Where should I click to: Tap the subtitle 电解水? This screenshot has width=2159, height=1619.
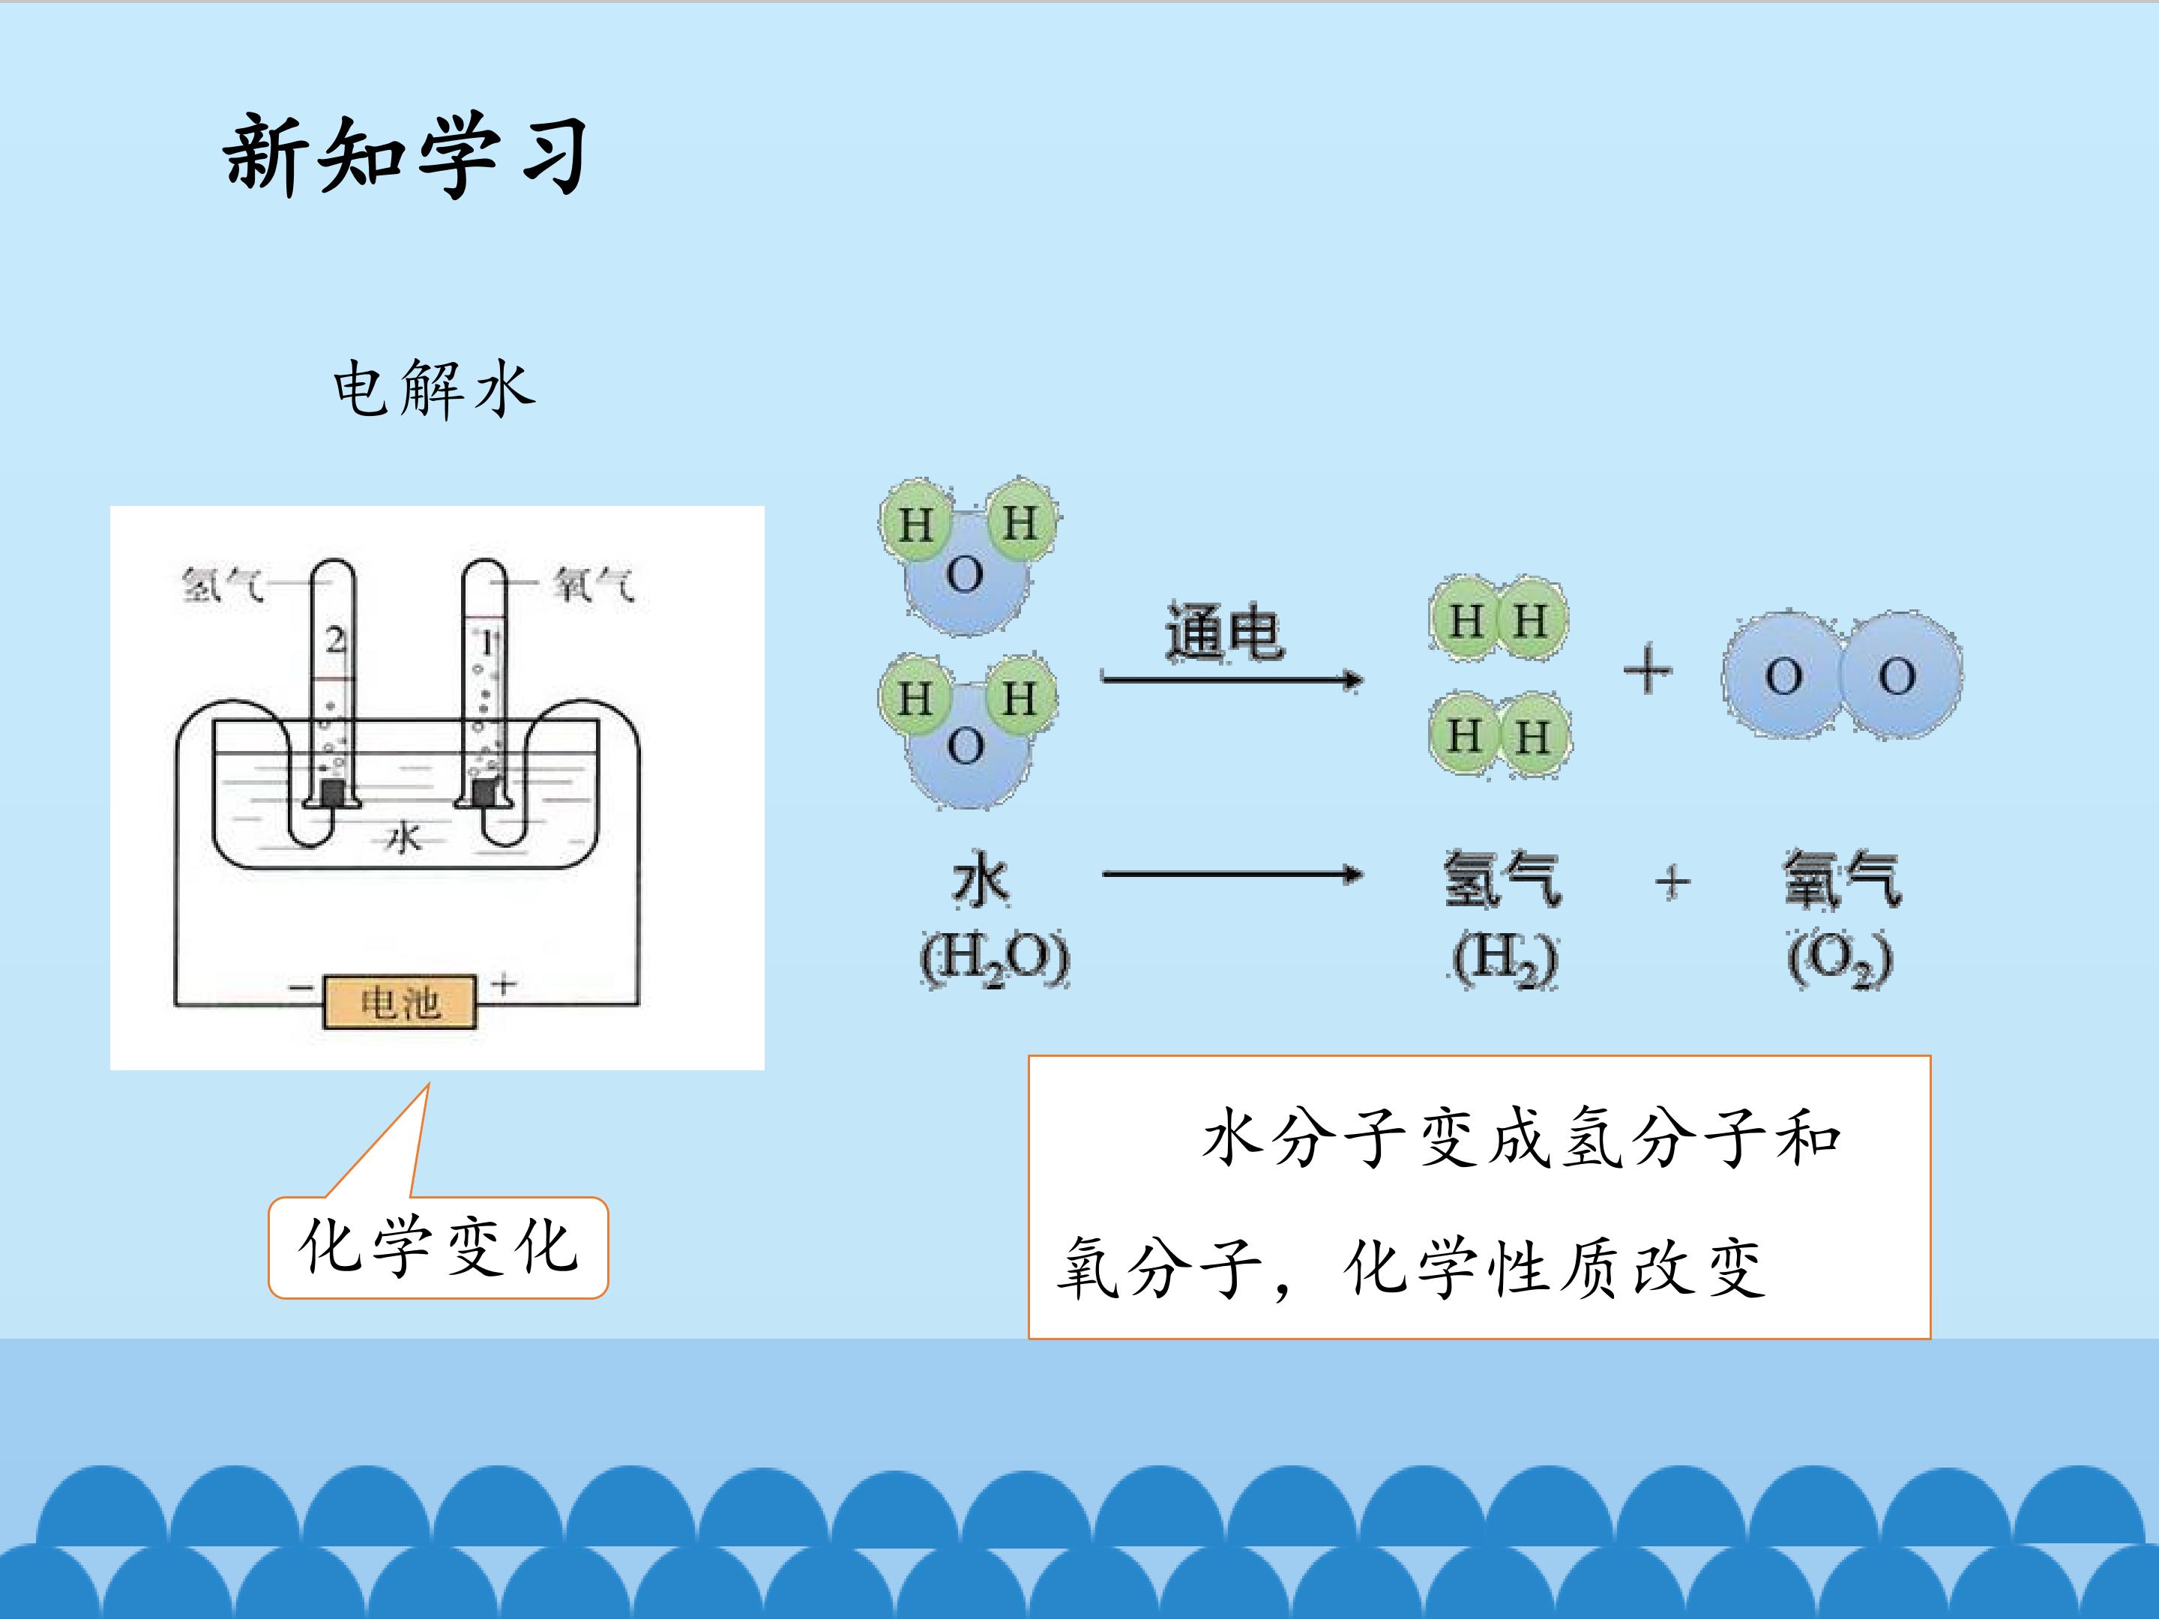click(434, 388)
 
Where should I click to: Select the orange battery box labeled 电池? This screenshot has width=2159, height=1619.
click(400, 1002)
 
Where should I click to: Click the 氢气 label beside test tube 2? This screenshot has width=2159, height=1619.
click(223, 585)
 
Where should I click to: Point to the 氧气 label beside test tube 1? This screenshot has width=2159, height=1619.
click(594, 585)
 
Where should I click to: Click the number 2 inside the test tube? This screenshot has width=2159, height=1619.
click(335, 641)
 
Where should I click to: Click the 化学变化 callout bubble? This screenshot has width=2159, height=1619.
click(439, 1247)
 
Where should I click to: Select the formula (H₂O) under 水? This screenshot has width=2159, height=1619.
click(995, 959)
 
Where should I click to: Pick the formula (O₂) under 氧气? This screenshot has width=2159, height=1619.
click(1840, 959)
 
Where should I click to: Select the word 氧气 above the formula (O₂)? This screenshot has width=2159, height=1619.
click(1842, 879)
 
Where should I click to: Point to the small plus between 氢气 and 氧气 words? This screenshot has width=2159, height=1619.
click(1672, 881)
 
